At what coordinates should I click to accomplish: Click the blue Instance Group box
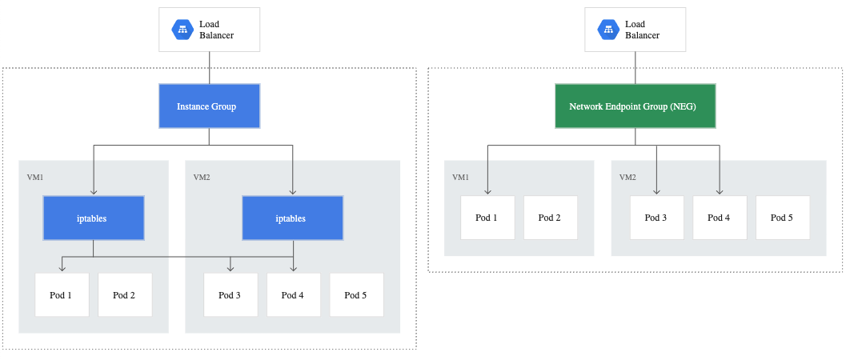click(x=210, y=106)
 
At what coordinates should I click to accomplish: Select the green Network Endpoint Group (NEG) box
click(x=635, y=106)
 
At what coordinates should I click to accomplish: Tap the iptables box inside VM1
click(x=94, y=218)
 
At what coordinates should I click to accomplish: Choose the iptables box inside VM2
click(x=292, y=218)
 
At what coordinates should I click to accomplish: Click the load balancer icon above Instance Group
click(x=182, y=30)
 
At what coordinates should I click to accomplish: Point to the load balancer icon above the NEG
click(x=608, y=30)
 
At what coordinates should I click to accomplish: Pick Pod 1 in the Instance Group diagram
click(x=62, y=294)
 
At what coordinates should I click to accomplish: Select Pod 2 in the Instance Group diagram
click(x=125, y=294)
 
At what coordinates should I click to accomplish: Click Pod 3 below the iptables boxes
click(x=231, y=294)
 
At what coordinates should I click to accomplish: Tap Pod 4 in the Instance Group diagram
click(x=294, y=294)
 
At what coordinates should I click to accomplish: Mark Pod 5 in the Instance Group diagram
click(x=357, y=294)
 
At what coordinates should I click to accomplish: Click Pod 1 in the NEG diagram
click(x=487, y=218)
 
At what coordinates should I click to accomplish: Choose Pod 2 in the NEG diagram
click(x=551, y=218)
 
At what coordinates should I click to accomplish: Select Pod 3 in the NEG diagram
click(x=656, y=218)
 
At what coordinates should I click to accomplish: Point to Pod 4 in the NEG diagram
click(x=720, y=218)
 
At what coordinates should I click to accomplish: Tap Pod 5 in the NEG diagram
click(x=782, y=218)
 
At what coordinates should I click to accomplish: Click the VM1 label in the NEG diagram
click(x=460, y=177)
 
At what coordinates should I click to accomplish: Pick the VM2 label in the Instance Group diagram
click(x=201, y=177)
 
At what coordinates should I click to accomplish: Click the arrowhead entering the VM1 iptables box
click(x=94, y=192)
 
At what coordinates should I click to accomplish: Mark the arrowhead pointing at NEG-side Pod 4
click(x=720, y=191)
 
